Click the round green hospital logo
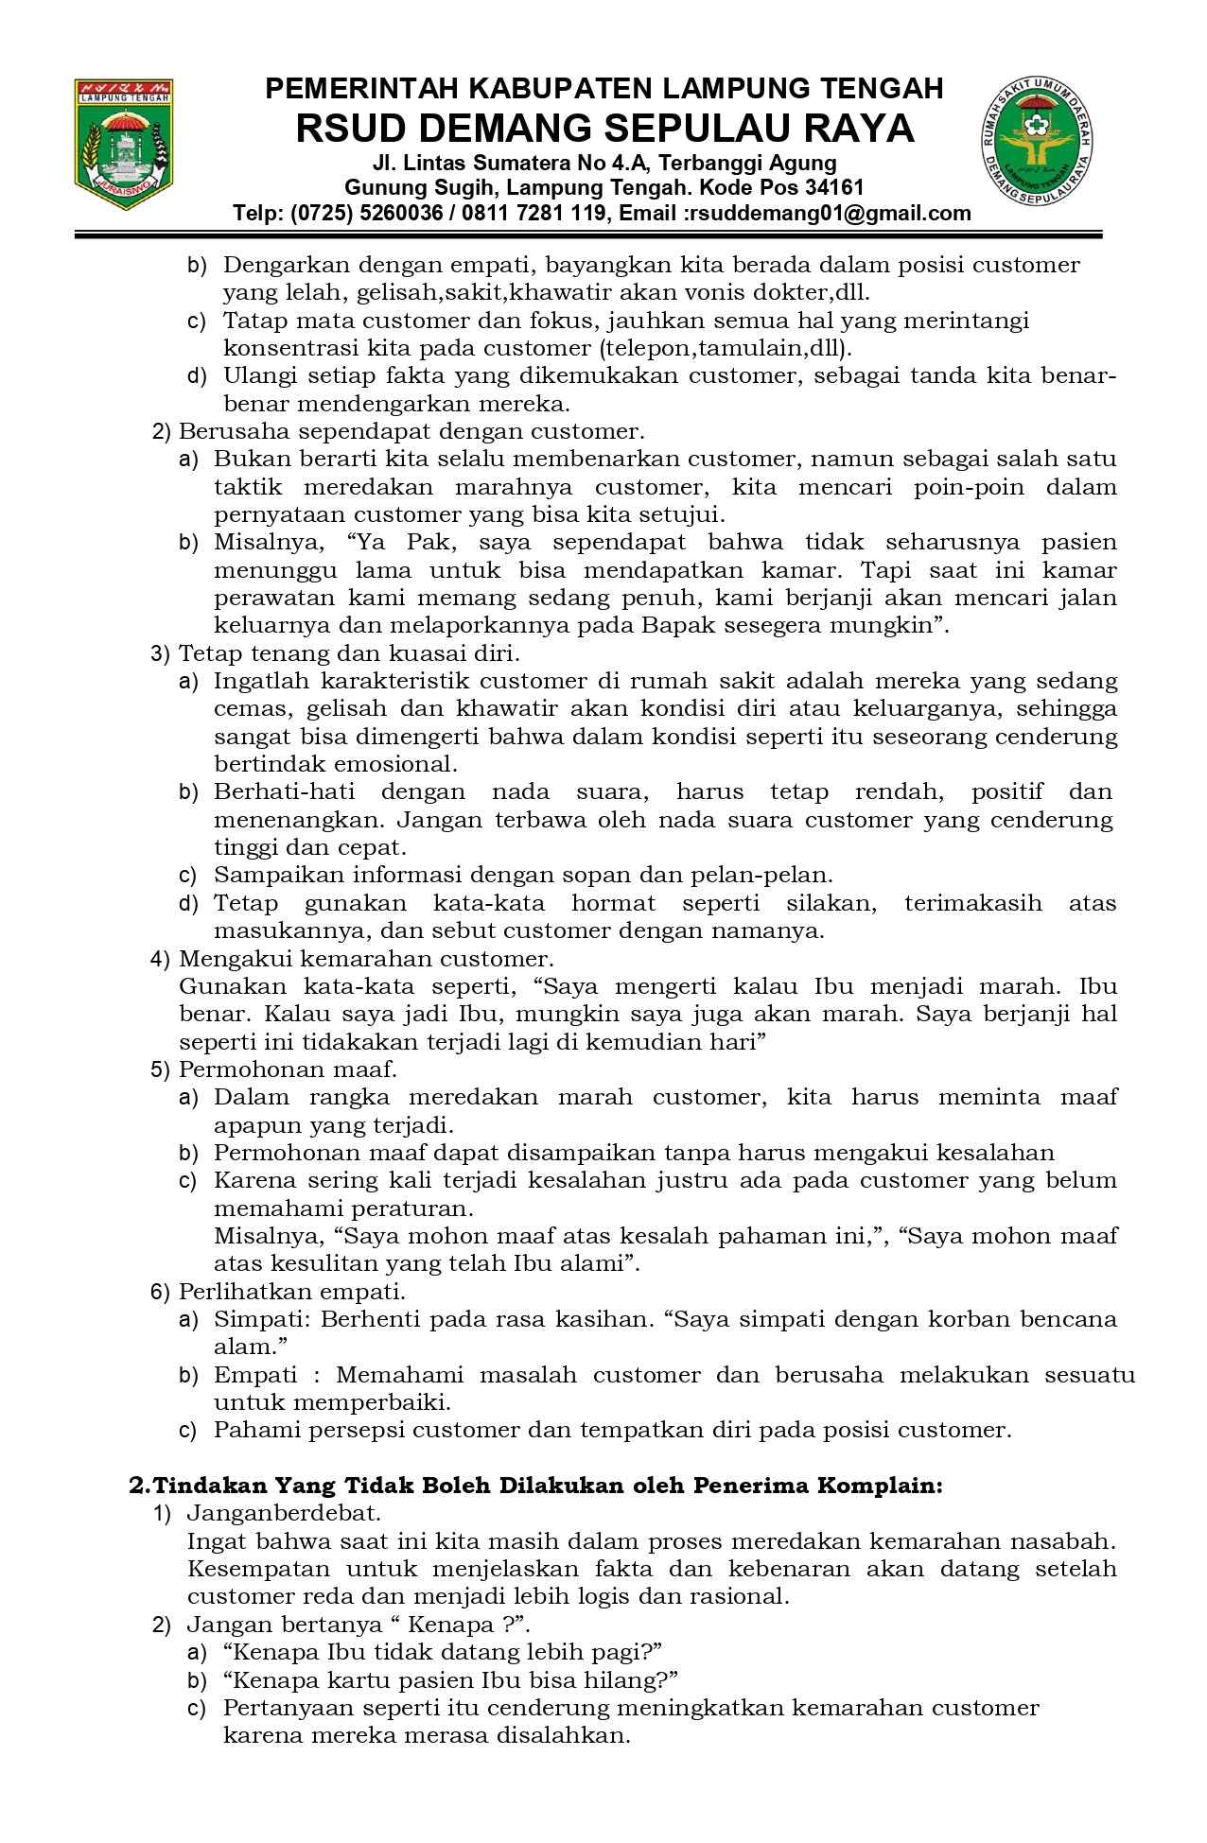[x=1037, y=138]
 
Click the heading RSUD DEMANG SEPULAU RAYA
[x=604, y=129]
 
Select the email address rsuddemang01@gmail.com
[x=830, y=213]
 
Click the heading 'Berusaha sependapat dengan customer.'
[x=411, y=431]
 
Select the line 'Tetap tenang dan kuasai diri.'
[x=349, y=652]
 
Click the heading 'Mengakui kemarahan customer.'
[x=366, y=958]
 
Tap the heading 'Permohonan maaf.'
[x=288, y=1069]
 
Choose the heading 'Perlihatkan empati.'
[x=292, y=1291]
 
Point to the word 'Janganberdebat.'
[x=284, y=1513]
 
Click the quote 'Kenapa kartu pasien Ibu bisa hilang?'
[x=451, y=1679]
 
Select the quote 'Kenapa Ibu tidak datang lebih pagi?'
[x=442, y=1652]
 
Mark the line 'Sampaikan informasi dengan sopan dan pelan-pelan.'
[x=523, y=875]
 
